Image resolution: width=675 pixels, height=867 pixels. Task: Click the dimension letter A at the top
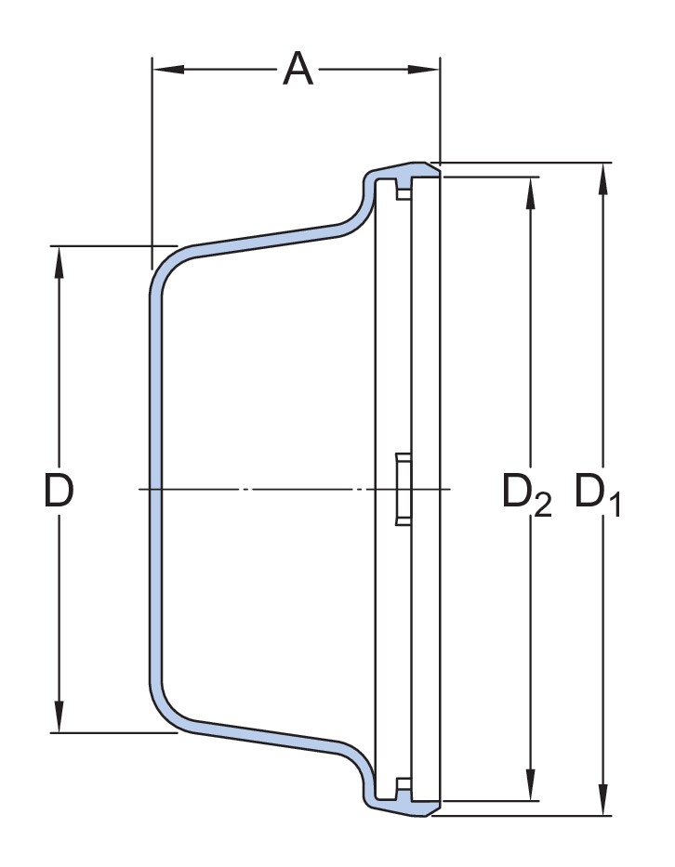point(298,69)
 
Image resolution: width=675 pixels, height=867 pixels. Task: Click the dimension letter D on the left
point(59,490)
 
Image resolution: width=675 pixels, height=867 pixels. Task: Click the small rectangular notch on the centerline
point(404,489)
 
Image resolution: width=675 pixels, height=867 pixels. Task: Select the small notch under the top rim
point(403,191)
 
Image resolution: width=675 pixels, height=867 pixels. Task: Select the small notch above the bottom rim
point(403,787)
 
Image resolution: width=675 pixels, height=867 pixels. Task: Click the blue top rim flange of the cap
point(404,173)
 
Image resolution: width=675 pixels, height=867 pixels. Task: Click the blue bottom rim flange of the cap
point(404,807)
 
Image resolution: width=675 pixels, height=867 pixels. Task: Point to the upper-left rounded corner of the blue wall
point(168,261)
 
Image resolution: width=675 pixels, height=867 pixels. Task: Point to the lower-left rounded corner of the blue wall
point(168,715)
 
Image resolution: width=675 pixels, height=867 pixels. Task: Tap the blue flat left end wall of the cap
point(156,489)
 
